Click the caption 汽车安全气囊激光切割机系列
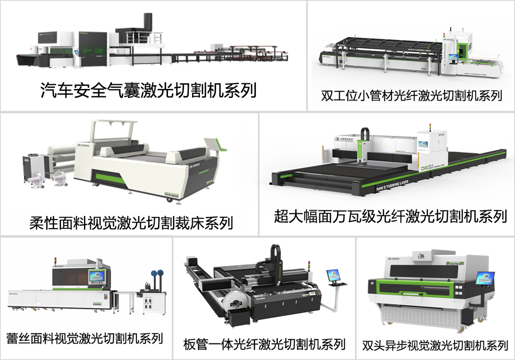click(148, 91)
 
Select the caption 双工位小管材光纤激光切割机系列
click(412, 96)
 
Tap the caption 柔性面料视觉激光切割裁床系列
click(131, 222)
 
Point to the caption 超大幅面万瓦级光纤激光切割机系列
click(390, 216)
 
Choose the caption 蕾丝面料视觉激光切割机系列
click(85, 338)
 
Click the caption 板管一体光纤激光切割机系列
click(264, 344)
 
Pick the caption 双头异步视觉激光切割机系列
click(435, 345)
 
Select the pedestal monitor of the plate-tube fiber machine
click(333, 275)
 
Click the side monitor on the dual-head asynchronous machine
click(485, 278)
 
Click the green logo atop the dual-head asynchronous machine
click(422, 256)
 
